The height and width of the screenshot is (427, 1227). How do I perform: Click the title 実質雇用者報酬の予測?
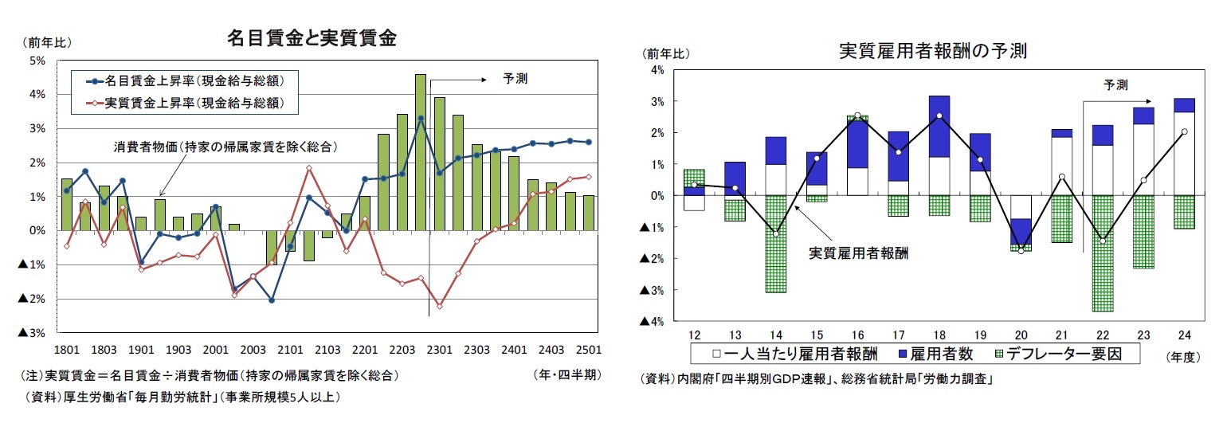pyautogui.click(x=933, y=51)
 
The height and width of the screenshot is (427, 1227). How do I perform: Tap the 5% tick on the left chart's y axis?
pyautogui.click(x=37, y=61)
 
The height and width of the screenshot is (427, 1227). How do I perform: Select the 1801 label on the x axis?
pyautogui.click(x=66, y=349)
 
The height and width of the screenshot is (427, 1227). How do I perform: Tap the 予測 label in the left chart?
pyautogui.click(x=515, y=79)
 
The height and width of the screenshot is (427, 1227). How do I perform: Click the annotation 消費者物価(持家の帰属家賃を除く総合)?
pyautogui.click(x=222, y=147)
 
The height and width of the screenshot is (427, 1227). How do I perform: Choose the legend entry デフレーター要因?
pyautogui.click(x=1059, y=354)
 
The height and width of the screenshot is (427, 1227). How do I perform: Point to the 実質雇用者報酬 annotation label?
pyautogui.click(x=858, y=253)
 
